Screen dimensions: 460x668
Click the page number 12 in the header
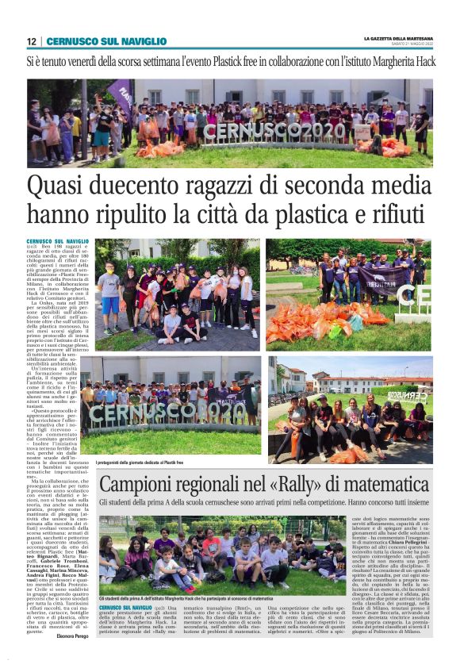pos(31,41)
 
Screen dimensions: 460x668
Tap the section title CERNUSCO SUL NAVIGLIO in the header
pos(106,41)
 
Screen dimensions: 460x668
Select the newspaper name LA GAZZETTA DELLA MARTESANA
pos(397,38)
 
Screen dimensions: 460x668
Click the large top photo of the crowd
pos(230,123)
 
